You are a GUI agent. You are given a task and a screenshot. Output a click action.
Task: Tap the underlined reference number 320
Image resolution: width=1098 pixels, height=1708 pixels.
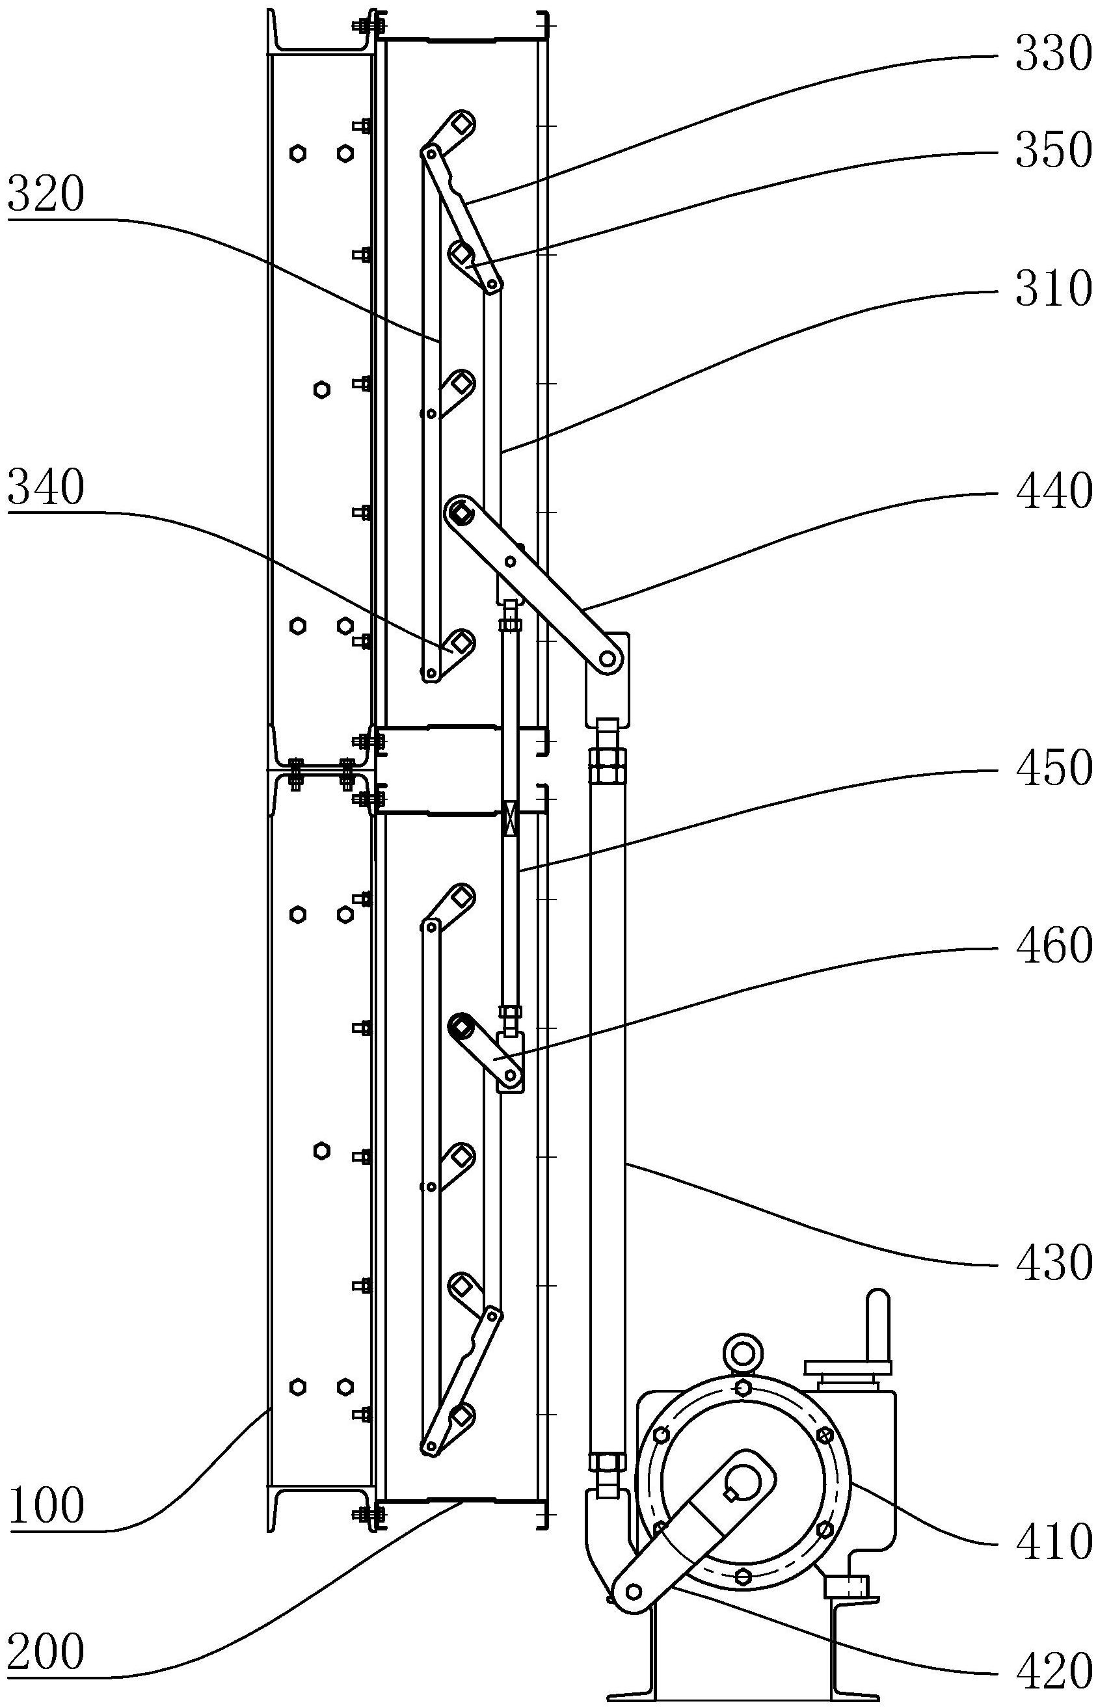coord(46,195)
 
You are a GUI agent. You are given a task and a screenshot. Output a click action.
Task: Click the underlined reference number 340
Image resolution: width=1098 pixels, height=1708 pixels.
coord(46,488)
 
